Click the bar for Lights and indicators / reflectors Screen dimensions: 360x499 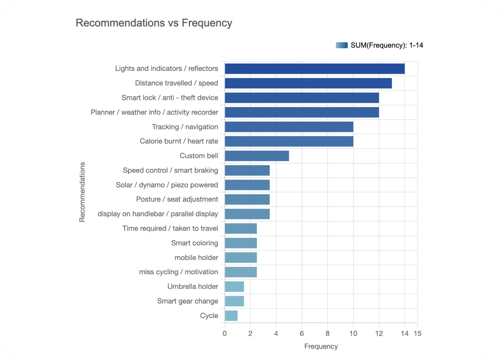314,69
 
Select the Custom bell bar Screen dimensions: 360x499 257,156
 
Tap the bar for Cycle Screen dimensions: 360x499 231,316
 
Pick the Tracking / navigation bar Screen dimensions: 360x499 289,127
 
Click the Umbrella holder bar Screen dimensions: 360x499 234,287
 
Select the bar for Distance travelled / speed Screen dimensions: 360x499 308,83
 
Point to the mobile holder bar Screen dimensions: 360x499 241,258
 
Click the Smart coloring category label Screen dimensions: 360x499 194,243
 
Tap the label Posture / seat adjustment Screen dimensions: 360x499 177,199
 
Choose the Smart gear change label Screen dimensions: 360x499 188,301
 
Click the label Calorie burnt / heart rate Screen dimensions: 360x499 179,141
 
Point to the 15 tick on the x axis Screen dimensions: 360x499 417,334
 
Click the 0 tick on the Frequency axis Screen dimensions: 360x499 225,334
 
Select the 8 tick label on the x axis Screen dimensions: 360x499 328,334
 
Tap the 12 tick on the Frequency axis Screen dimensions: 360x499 379,334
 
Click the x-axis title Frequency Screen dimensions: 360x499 321,347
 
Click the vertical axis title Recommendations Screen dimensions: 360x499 82,192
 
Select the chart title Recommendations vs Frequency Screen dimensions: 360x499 154,23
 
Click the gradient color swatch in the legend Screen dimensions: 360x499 342,45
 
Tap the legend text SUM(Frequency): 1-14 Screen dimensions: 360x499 387,45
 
